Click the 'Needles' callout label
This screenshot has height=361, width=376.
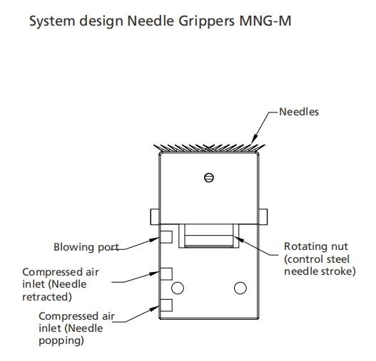pos(299,112)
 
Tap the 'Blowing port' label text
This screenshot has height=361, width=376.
pos(86,247)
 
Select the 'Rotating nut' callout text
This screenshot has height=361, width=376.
pos(316,246)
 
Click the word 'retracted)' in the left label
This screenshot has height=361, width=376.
pos(47,297)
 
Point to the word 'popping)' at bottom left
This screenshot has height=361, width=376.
pos(61,340)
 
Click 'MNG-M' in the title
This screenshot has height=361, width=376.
pos(265,21)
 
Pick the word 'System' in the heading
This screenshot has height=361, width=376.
pos(52,21)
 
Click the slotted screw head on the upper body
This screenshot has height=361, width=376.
pos(209,177)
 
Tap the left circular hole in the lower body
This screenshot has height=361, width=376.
pos(178,288)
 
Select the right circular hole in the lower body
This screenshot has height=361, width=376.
pos(240,288)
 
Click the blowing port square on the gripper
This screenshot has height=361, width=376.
pos(166,237)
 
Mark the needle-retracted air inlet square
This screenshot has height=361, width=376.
pos(166,274)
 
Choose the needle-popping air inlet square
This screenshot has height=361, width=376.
pos(166,305)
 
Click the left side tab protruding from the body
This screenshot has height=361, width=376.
pos(155,216)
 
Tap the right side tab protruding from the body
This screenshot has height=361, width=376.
pos(263,216)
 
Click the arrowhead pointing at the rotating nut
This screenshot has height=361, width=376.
pos(238,239)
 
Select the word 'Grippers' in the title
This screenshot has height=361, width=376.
pos(207,21)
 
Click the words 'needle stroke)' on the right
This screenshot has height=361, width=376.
pos(320,271)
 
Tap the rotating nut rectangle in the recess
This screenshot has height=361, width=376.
pos(209,241)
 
